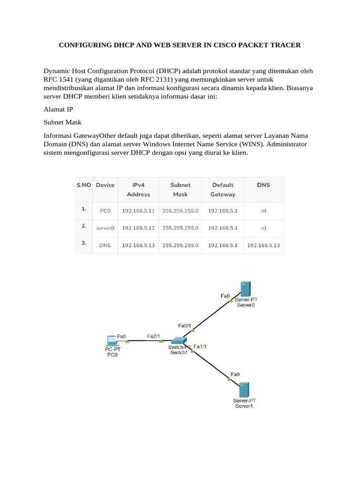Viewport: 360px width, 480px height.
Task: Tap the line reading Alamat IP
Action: coord(58,109)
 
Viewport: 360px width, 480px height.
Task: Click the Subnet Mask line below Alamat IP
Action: coord(62,122)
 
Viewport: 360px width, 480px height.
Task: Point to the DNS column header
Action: coord(263,185)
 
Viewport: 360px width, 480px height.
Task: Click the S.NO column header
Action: coord(84,185)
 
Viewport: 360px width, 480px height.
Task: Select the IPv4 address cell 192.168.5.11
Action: coord(138,211)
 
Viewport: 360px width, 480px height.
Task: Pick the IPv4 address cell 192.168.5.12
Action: coord(138,228)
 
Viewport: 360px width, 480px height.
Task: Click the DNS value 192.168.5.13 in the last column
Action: coord(263,245)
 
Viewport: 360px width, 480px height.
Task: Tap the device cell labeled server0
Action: coord(105,228)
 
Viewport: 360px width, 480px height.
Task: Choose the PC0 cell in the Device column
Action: coord(105,211)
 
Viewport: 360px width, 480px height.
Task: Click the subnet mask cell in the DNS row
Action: coord(180,245)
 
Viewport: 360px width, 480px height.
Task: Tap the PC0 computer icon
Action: coord(112,340)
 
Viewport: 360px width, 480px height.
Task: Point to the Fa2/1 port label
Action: coord(154,336)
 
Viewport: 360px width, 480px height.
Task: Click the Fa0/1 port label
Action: coord(184,325)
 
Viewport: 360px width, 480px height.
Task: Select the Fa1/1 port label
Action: coord(200,347)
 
